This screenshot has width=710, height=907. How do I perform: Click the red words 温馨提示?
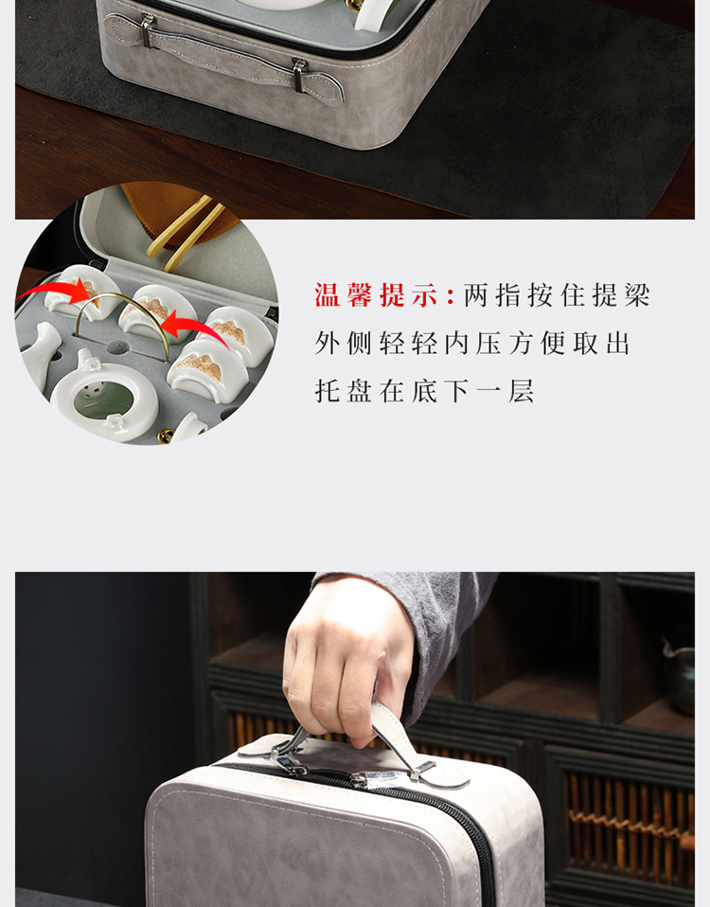pos(376,295)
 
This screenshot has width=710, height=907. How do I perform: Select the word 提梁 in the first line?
pos(621,295)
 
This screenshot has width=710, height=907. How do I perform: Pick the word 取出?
pos(601,344)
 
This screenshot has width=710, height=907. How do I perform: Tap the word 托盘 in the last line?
pos(343,392)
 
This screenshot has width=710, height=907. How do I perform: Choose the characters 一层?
pos(505,392)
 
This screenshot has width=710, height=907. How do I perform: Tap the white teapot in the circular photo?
pos(104,393)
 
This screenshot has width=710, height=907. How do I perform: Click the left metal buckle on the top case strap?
pos(148,30)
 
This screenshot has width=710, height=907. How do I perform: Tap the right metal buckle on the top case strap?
pos(299,74)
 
